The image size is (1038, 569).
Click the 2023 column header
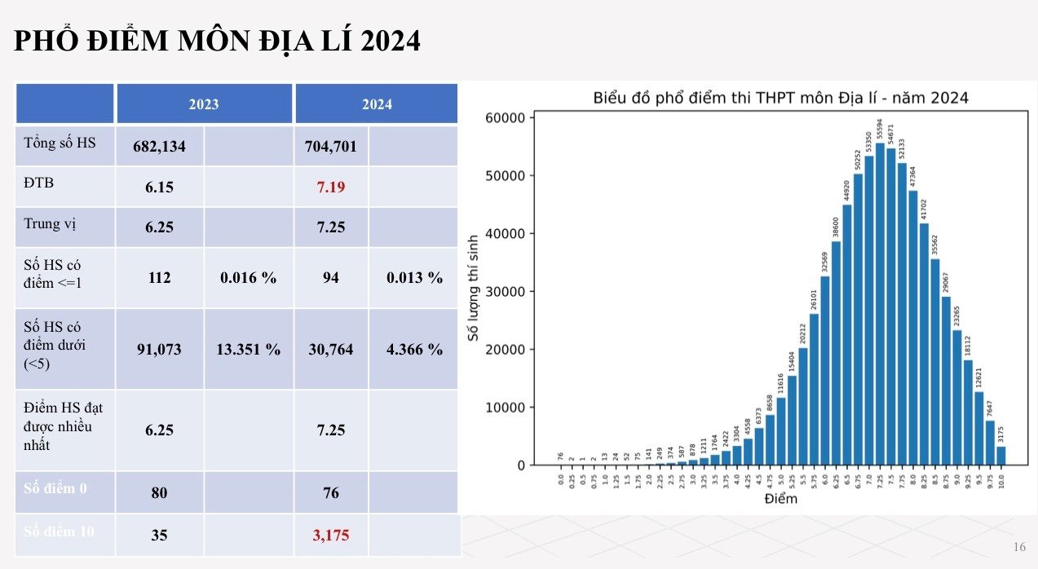[204, 104]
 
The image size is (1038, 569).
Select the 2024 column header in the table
[376, 104]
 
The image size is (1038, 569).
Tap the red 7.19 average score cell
[331, 187]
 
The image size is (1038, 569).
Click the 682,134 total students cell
[161, 147]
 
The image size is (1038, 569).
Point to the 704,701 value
[331, 147]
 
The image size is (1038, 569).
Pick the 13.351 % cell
[249, 350]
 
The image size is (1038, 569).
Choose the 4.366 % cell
[415, 350]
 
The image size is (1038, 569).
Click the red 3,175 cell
[331, 536]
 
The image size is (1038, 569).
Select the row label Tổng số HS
[60, 143]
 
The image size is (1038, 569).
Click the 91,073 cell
[161, 350]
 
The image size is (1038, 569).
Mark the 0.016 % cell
[249, 278]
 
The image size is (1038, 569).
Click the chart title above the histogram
[780, 98]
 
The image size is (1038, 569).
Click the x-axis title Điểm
[780, 498]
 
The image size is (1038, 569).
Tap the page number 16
[1018, 546]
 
